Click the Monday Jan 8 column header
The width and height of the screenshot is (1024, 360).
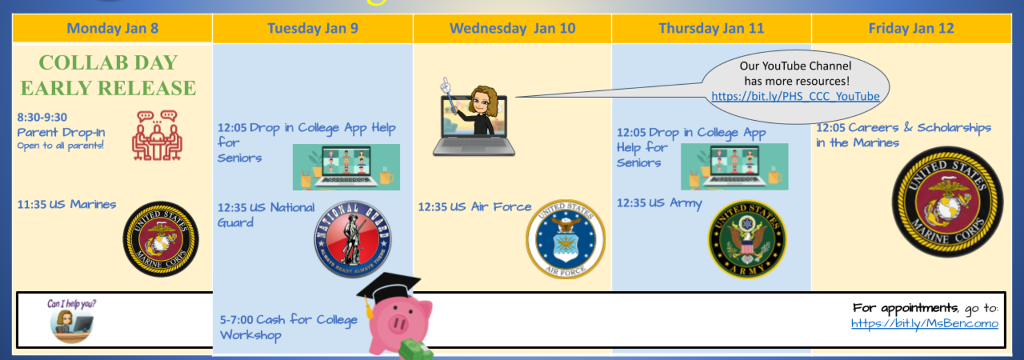pyautogui.click(x=112, y=28)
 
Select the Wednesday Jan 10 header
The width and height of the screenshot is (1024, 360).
pyautogui.click(x=512, y=28)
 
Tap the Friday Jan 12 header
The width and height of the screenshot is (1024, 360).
pyautogui.click(x=911, y=28)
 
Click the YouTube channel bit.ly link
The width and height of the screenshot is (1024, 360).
pyautogui.click(x=795, y=96)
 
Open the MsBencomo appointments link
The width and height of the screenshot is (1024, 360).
pyautogui.click(x=924, y=323)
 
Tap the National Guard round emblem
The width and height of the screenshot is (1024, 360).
pyautogui.click(x=353, y=239)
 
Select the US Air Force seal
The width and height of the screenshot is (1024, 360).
pyautogui.click(x=565, y=239)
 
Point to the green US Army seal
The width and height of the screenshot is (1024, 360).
pyautogui.click(x=747, y=239)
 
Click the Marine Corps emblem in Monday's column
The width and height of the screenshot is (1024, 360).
pyautogui.click(x=161, y=239)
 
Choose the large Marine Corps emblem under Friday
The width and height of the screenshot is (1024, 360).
pyautogui.click(x=947, y=202)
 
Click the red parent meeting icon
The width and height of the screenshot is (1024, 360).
pyautogui.click(x=157, y=136)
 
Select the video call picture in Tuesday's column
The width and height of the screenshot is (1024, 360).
pyautogui.click(x=346, y=167)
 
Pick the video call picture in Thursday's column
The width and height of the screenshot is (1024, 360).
pyautogui.click(x=734, y=167)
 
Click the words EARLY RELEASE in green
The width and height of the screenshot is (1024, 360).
pyautogui.click(x=109, y=88)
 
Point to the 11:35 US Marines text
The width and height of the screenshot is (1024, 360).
pyautogui.click(x=66, y=204)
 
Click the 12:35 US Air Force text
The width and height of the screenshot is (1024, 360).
pyautogui.click(x=475, y=207)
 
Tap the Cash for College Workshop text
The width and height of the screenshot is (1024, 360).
pyautogui.click(x=289, y=327)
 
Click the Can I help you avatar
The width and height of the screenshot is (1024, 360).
pyautogui.click(x=71, y=321)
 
